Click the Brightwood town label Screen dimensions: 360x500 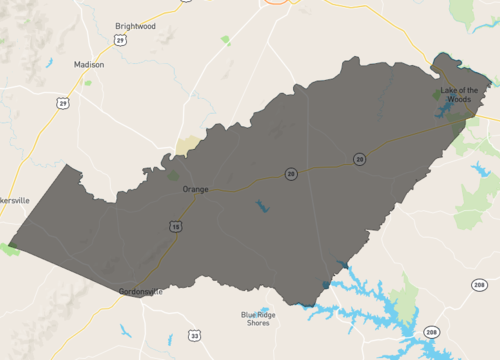coord(135,27)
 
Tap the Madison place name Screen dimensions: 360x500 coord(89,64)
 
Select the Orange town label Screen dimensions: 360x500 coord(195,189)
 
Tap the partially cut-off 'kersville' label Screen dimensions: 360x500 coord(15,200)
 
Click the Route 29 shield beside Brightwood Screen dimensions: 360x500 coord(120,40)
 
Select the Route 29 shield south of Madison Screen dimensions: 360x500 coord(64,102)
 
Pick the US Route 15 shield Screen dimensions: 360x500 coord(177,227)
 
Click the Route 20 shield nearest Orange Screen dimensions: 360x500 coord(290,174)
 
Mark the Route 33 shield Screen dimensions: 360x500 coord(196,335)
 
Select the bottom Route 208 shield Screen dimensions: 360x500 coord(431,332)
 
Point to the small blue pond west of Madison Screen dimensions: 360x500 coord(48,64)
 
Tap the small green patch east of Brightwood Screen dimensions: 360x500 coord(225,40)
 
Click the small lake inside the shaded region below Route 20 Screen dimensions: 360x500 coord(262,208)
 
